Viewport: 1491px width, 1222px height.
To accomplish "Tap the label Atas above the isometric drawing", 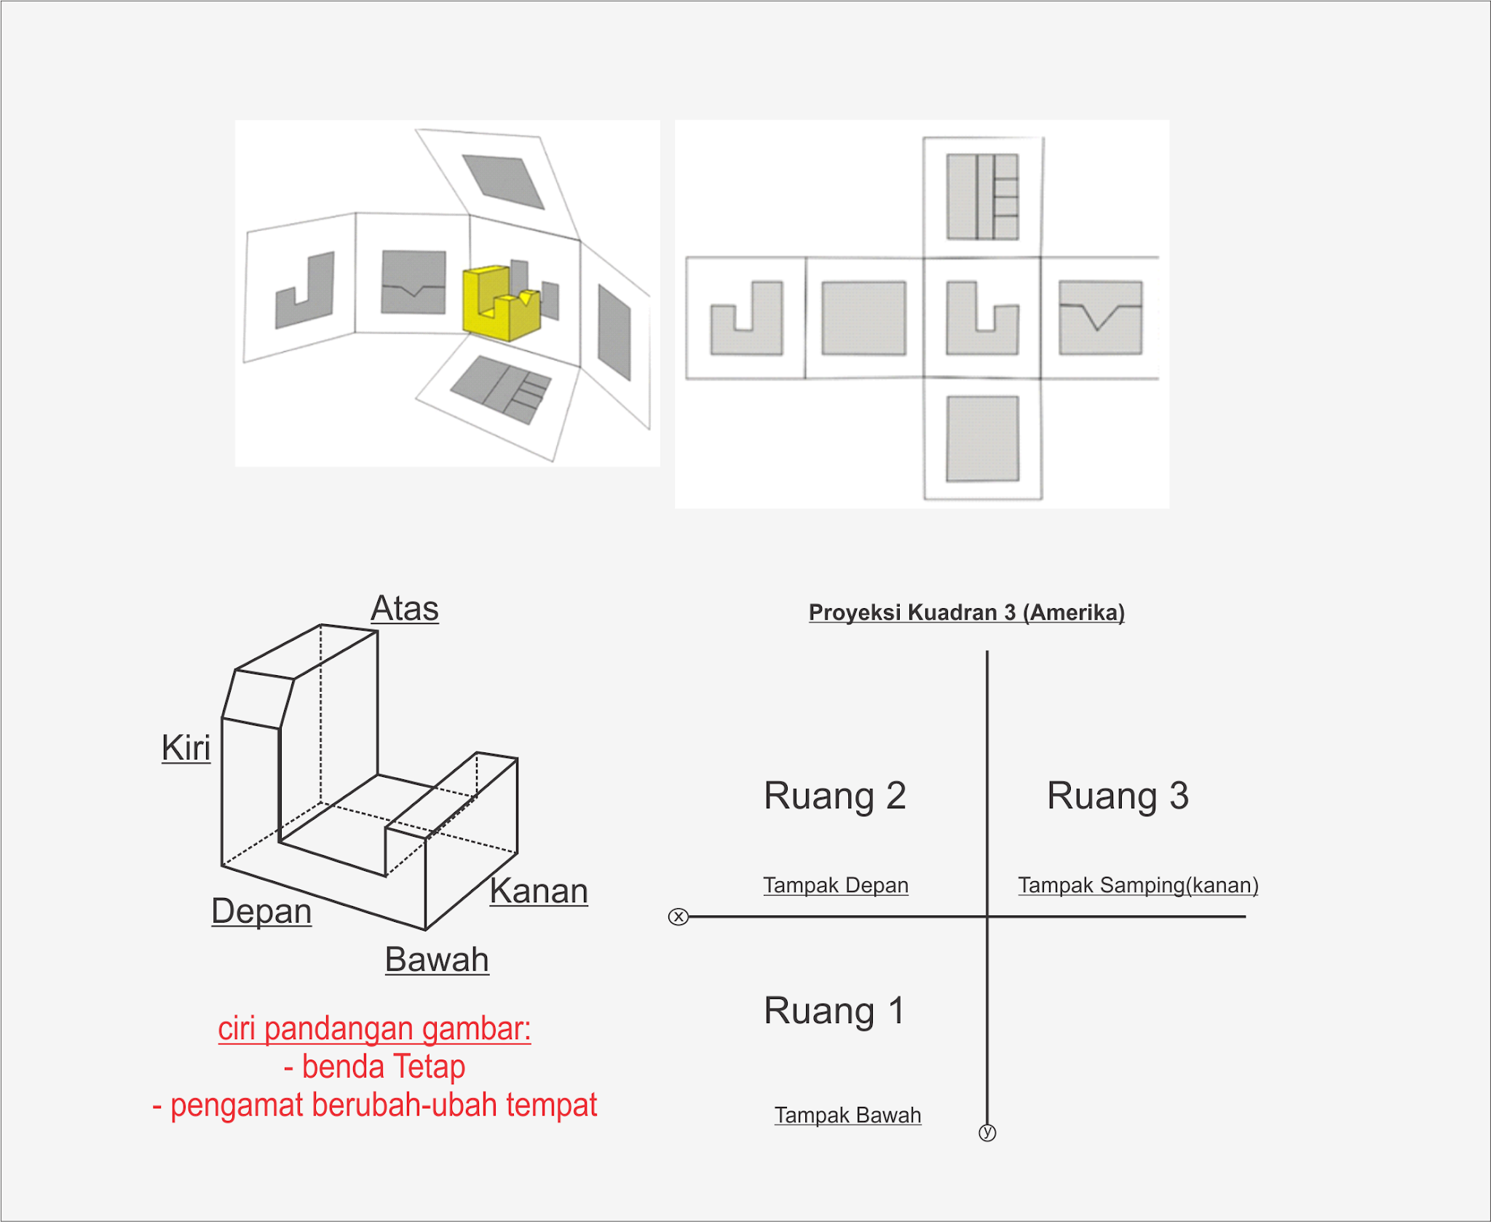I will pos(405,609).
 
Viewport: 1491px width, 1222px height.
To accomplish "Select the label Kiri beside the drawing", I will pos(186,748).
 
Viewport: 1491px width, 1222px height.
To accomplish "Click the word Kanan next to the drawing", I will pos(539,891).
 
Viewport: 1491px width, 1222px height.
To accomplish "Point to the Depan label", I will pos(261,912).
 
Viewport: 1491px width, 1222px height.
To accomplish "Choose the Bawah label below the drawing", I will pos(437,960).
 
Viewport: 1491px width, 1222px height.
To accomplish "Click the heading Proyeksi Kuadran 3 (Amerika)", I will pos(967,612).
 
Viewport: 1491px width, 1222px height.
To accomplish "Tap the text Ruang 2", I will pos(835,796).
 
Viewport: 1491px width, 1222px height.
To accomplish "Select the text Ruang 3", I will pos(1118,796).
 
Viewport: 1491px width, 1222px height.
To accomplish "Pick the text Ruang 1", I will pos(834,1012).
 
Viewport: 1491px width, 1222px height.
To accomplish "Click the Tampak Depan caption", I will pos(836,886).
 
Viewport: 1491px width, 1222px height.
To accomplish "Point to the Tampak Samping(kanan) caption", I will pos(1138,886).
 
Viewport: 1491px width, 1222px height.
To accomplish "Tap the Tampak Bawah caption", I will pos(847,1116).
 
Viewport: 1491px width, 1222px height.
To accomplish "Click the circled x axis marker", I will pos(679,917).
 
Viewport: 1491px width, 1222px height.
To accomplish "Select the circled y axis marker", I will pos(987,1132).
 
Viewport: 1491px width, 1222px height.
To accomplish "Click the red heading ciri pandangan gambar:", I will pos(374,1029).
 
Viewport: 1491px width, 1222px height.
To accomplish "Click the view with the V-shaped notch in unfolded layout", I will pos(1100,318).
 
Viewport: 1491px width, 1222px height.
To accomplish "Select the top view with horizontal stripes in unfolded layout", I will pos(982,197).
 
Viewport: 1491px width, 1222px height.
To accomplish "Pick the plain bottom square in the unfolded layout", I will pos(982,439).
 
